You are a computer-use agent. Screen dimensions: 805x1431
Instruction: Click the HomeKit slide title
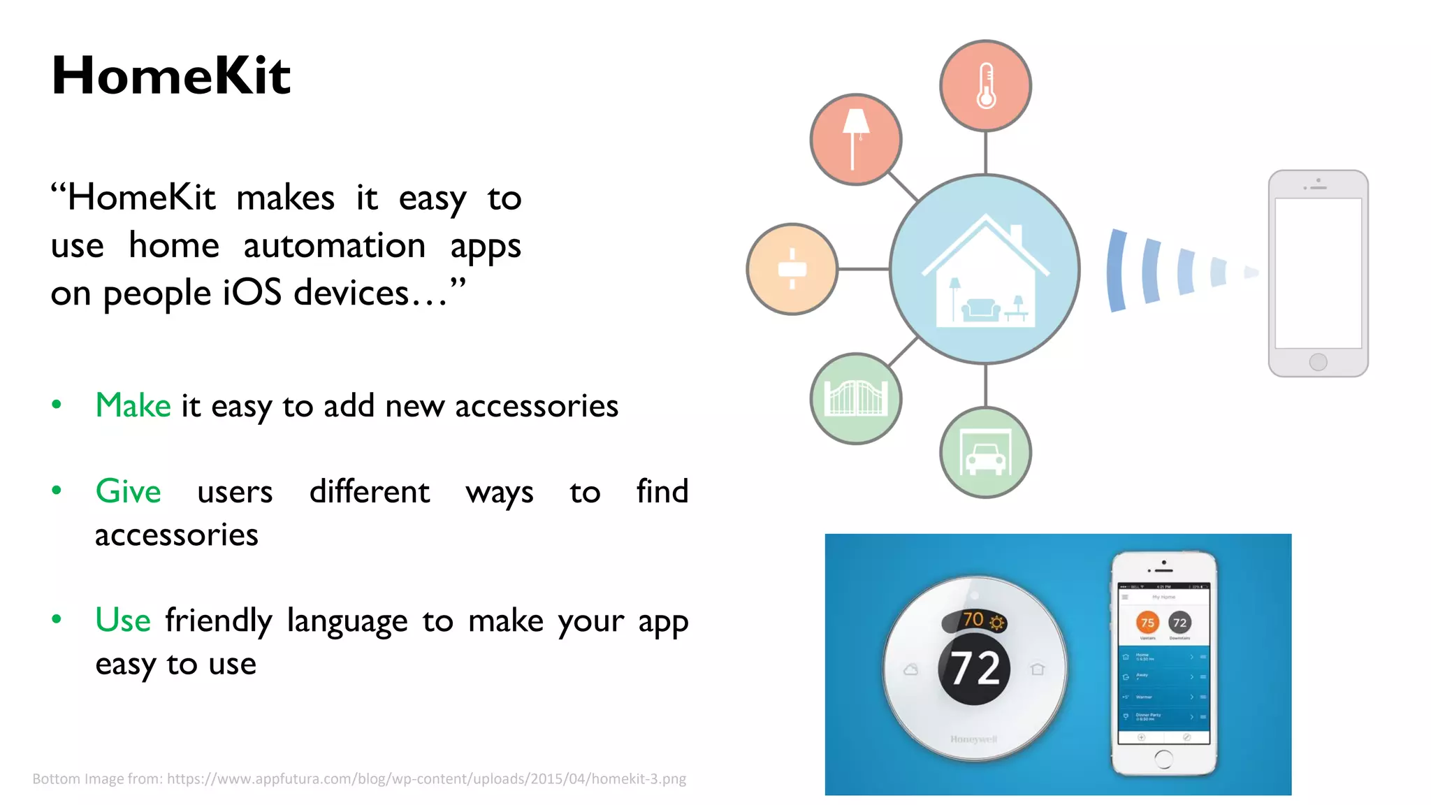click(x=171, y=75)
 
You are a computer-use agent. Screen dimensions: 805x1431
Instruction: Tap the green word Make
click(x=133, y=406)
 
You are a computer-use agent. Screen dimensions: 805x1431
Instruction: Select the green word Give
click(x=129, y=491)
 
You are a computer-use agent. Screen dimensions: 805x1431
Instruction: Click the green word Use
click(x=123, y=620)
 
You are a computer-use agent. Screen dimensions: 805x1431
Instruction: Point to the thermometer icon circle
click(x=985, y=86)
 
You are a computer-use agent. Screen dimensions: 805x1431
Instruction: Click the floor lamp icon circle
click(x=855, y=140)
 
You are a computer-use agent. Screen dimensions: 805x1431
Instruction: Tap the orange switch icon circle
click(x=792, y=269)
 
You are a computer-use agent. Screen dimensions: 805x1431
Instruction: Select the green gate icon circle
click(x=855, y=398)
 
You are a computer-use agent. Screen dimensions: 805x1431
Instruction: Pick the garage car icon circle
click(x=985, y=452)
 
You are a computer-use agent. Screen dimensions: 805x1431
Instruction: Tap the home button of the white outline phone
click(x=1318, y=362)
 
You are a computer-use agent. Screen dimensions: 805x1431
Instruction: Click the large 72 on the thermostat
click(x=975, y=669)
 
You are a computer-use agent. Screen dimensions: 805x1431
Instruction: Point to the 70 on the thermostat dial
click(x=973, y=619)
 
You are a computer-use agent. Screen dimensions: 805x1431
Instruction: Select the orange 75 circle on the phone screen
click(x=1147, y=622)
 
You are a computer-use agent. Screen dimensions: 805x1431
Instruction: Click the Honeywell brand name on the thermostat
click(x=973, y=739)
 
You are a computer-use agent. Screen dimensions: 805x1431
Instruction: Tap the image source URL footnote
click(x=359, y=779)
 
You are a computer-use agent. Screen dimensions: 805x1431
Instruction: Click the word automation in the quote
click(x=334, y=246)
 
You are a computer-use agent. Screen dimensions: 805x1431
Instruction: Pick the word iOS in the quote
click(x=252, y=293)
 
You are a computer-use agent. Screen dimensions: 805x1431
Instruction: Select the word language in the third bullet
click(x=347, y=621)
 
